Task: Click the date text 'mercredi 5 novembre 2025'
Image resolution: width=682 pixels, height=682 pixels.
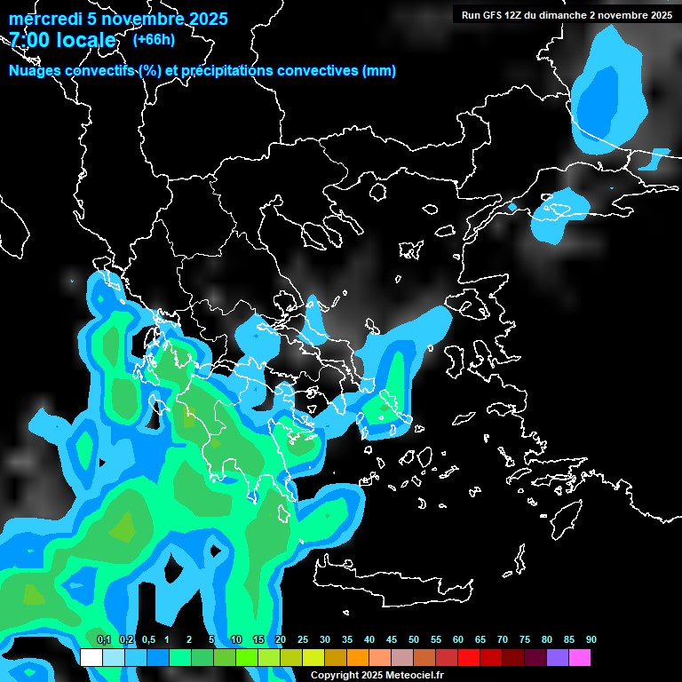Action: (118, 19)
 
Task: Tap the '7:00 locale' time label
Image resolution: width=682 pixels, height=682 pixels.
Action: (62, 40)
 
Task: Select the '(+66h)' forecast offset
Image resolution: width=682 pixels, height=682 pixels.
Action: (154, 40)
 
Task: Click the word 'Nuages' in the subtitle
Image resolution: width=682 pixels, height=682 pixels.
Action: (35, 71)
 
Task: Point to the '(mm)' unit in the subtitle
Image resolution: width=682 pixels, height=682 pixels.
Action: (379, 71)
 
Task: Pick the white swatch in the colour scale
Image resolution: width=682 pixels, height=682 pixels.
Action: (91, 657)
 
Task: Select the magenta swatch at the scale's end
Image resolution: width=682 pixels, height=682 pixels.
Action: (579, 657)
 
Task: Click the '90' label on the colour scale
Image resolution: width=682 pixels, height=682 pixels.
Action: (591, 639)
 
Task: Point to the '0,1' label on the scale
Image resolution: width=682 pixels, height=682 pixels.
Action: (103, 639)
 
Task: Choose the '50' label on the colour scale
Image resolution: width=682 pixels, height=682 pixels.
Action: (414, 639)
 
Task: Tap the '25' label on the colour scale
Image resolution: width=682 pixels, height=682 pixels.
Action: (303, 639)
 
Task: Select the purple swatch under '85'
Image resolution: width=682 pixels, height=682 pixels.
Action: (557, 657)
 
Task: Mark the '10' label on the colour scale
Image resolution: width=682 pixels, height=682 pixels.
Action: (236, 639)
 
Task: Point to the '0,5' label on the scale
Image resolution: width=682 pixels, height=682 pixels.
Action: (147, 639)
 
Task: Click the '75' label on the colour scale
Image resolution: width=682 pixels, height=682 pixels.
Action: (524, 639)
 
